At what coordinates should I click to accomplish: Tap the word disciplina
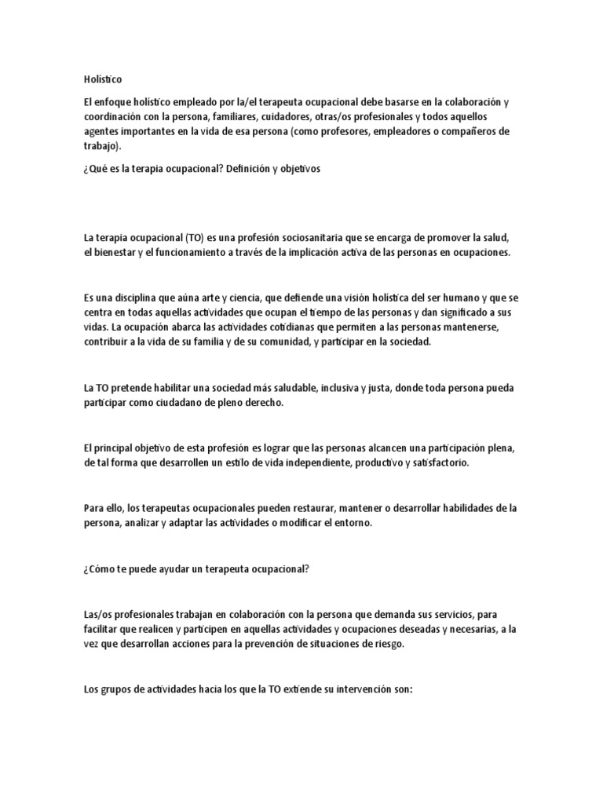pyautogui.click(x=125, y=298)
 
